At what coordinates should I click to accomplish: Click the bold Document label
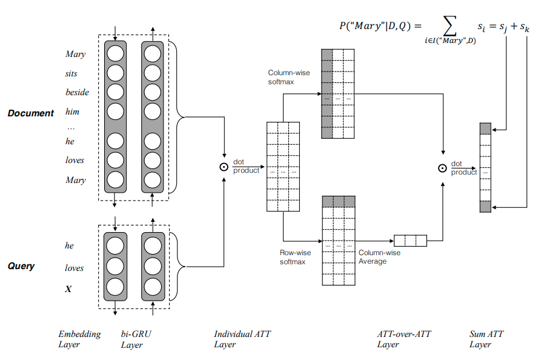(31, 113)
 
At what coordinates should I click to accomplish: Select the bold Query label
(21, 266)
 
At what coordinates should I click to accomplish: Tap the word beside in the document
(77, 93)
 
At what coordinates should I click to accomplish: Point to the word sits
(71, 74)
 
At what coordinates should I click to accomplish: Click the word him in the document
(72, 112)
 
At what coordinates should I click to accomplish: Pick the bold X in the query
(68, 289)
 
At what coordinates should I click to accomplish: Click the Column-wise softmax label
(288, 77)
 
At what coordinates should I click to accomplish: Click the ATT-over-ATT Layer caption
(398, 339)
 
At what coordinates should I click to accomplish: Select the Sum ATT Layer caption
(486, 339)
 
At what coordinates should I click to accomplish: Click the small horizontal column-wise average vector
(410, 241)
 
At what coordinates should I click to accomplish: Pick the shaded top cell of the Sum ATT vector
(485, 128)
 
